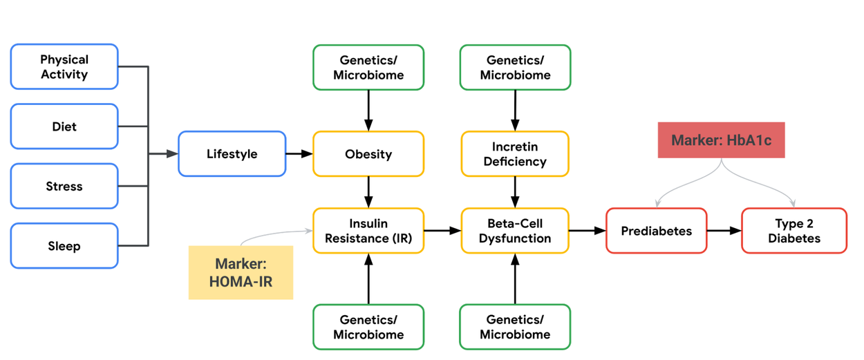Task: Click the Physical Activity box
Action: [64, 67]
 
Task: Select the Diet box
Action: [64, 126]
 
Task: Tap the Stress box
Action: [64, 187]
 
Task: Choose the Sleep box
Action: [64, 246]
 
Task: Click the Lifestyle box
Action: [232, 153]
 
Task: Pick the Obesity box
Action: [368, 153]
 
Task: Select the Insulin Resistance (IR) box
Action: [368, 231]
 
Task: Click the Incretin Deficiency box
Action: [515, 154]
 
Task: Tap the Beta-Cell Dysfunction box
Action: [515, 231]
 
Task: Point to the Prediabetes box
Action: [656, 231]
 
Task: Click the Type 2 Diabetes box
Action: [793, 231]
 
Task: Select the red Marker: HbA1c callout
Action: [721, 140]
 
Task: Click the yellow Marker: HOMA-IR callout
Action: [241, 273]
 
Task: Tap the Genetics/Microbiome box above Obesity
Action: [368, 68]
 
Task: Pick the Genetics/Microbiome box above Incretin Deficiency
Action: [515, 68]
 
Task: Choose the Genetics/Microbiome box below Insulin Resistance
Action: [368, 327]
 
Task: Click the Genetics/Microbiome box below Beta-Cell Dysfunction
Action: [515, 327]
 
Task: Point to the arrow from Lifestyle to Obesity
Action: [299, 153]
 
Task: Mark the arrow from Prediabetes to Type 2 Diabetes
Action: [724, 231]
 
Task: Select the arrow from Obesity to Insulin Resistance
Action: [368, 192]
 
